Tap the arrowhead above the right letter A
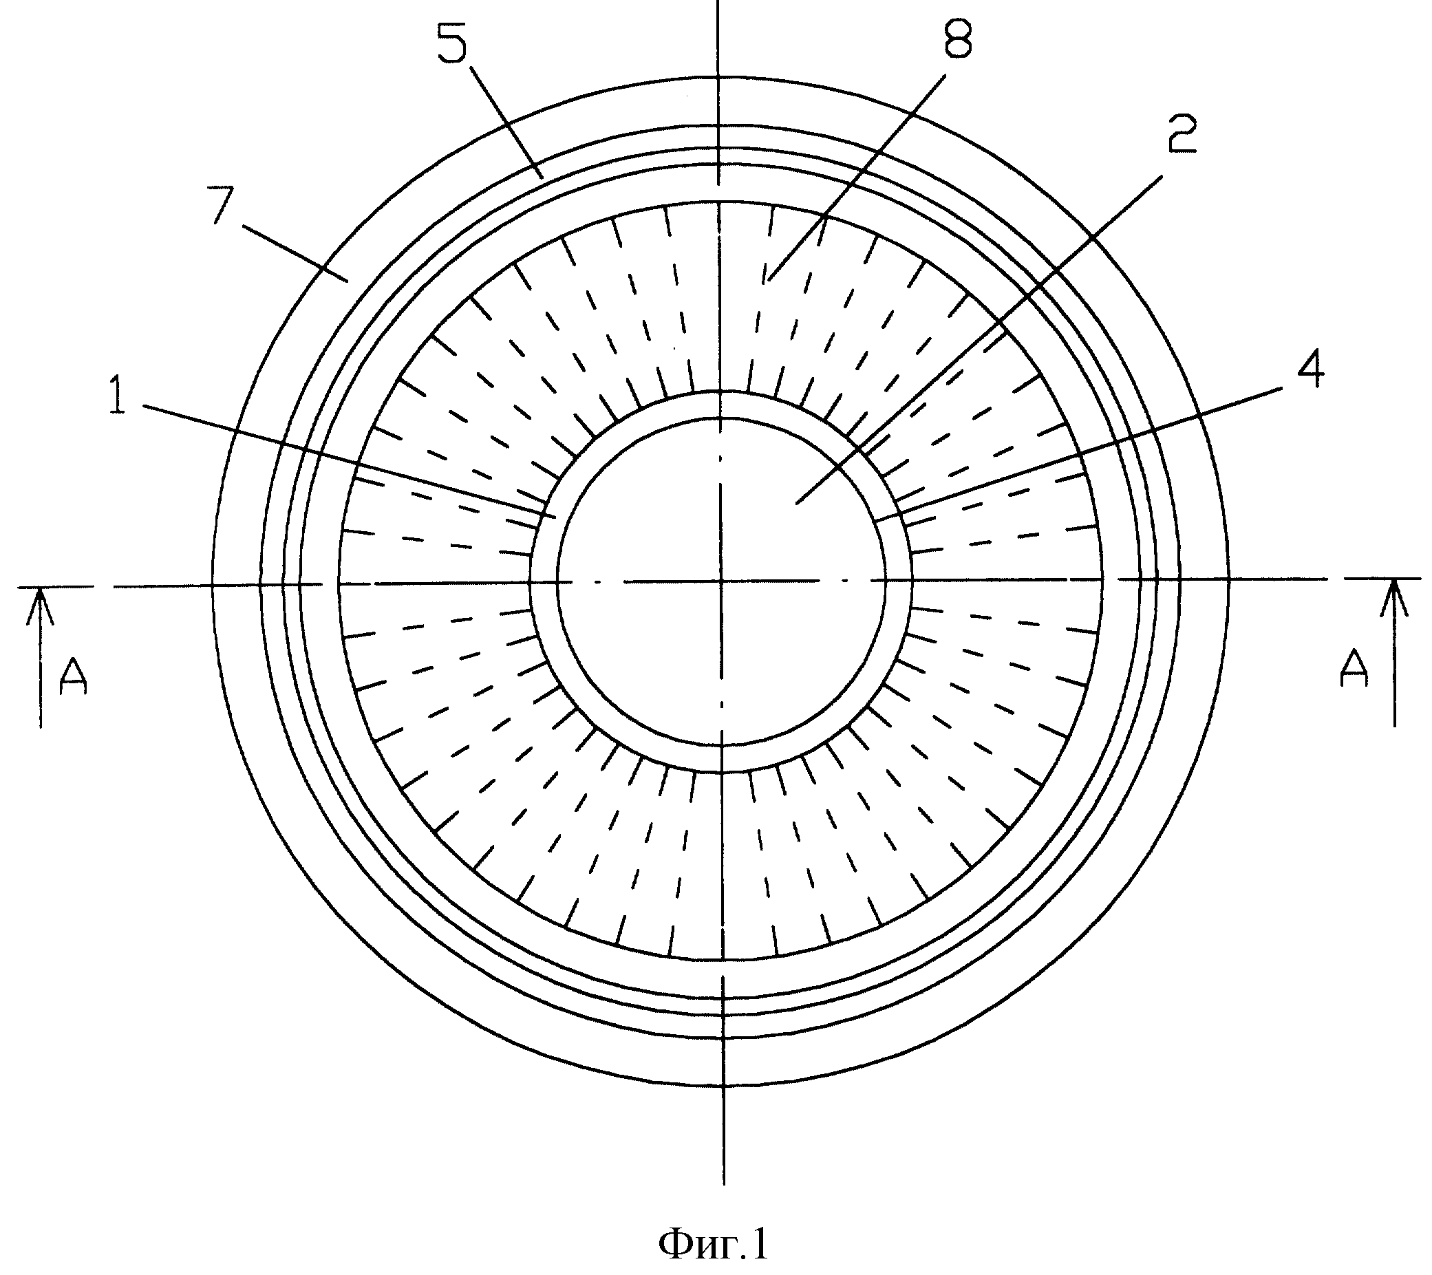[1394, 597]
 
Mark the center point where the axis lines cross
[721, 581]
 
